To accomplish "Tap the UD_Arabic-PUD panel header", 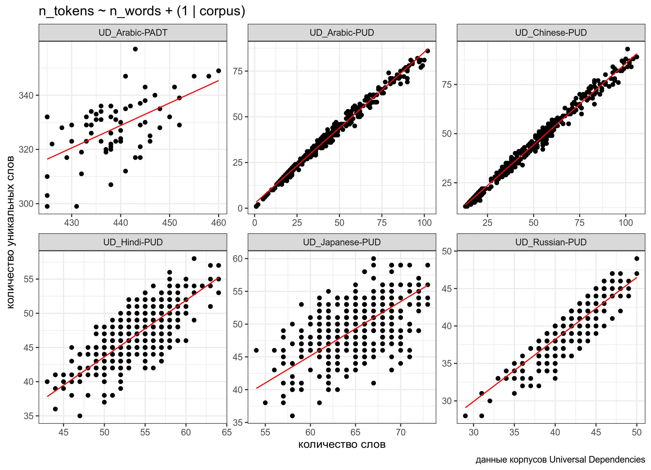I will tap(342, 33).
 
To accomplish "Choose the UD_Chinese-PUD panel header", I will tap(551, 33).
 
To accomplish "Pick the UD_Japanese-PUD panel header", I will tap(342, 242).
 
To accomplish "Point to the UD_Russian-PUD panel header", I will tap(551, 242).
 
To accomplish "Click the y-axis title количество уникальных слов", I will tap(10, 232).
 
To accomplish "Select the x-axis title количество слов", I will tap(342, 444).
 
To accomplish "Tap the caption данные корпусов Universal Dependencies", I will tap(560, 459).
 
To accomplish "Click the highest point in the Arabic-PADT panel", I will tap(135, 49).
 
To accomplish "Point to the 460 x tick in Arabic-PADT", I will tap(219, 223).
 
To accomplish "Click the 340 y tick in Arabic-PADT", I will tap(26, 95).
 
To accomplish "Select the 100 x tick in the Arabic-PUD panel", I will tap(424, 223).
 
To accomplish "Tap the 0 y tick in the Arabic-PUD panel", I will tap(240, 208).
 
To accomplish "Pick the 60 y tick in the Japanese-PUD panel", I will tap(238, 259).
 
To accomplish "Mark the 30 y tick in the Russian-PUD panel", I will tap(447, 401).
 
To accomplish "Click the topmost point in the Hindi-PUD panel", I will tap(194, 259).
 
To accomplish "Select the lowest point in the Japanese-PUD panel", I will tap(292, 416).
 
